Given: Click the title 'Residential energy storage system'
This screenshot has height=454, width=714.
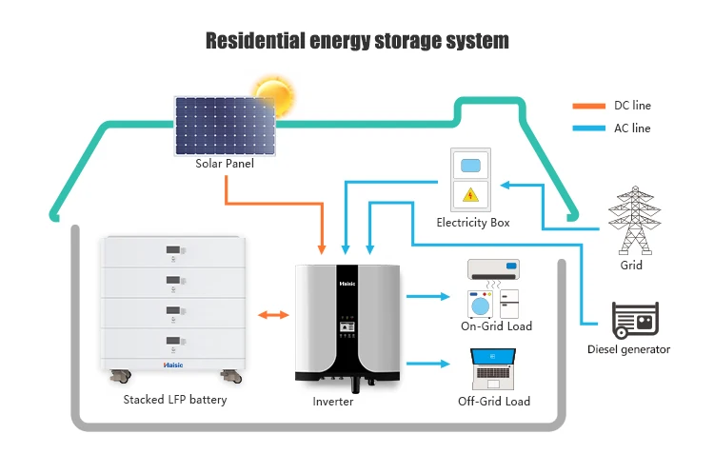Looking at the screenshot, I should pyautogui.click(x=358, y=40).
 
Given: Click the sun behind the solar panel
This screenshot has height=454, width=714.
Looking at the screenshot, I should pyautogui.click(x=272, y=96).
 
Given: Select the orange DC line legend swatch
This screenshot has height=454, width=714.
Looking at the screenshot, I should pyautogui.click(x=587, y=107).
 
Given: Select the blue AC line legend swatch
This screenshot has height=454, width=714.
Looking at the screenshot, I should pyautogui.click(x=587, y=128).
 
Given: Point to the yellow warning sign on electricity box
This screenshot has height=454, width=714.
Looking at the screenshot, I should pyautogui.click(x=469, y=195).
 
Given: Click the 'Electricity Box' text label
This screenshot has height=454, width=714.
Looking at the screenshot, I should pyautogui.click(x=473, y=223).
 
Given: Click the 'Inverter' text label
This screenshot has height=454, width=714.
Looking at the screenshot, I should pyautogui.click(x=333, y=402).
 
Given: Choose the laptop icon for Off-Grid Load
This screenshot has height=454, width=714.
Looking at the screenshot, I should pyautogui.click(x=493, y=367).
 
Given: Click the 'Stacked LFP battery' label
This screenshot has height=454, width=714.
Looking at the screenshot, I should pyautogui.click(x=175, y=400).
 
